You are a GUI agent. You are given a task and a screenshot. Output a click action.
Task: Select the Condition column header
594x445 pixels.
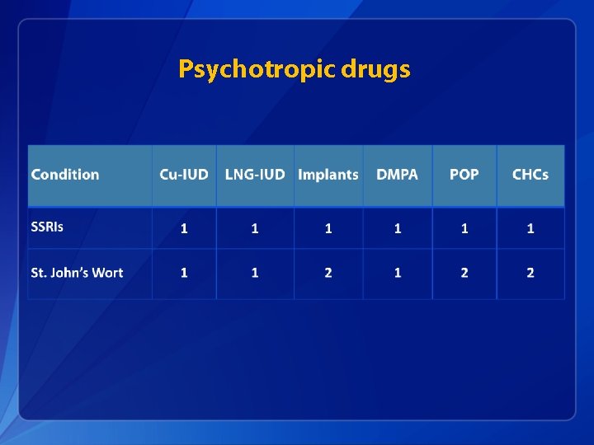pos(65,175)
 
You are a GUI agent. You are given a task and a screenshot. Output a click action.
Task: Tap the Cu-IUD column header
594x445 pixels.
pos(184,175)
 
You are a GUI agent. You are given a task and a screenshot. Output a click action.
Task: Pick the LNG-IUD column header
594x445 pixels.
pos(255,175)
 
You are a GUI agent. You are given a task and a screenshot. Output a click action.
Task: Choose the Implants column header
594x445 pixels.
pos(328,175)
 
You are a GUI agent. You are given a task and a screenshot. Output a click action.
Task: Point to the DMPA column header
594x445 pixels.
pos(397,175)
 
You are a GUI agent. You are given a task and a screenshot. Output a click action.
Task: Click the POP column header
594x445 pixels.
pos(464,175)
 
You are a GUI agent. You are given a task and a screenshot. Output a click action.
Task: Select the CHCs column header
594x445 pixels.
pos(530,175)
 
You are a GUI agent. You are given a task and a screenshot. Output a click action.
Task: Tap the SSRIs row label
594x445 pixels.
pos(47,227)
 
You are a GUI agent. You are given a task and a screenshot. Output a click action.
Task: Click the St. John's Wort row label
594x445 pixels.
pos(77,273)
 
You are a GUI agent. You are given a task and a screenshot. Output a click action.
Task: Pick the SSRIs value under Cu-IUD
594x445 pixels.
pos(184,228)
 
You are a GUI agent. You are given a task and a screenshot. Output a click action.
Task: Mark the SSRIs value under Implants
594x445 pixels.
pos(328,228)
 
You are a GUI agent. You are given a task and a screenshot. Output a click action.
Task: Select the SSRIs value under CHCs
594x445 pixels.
pos(530,228)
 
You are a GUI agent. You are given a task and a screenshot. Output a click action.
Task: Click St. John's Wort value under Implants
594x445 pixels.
pos(328,273)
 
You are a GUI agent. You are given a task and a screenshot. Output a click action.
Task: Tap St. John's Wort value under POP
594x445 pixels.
pos(464,273)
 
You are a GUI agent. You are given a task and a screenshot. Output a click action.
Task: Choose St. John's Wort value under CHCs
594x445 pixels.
pos(530,273)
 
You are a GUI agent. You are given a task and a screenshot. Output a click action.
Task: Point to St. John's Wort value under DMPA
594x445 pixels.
pos(397,273)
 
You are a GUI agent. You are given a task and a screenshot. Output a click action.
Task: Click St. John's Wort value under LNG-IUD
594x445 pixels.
pos(255,273)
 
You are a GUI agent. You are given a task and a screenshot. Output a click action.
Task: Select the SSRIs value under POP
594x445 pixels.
pos(464,228)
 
